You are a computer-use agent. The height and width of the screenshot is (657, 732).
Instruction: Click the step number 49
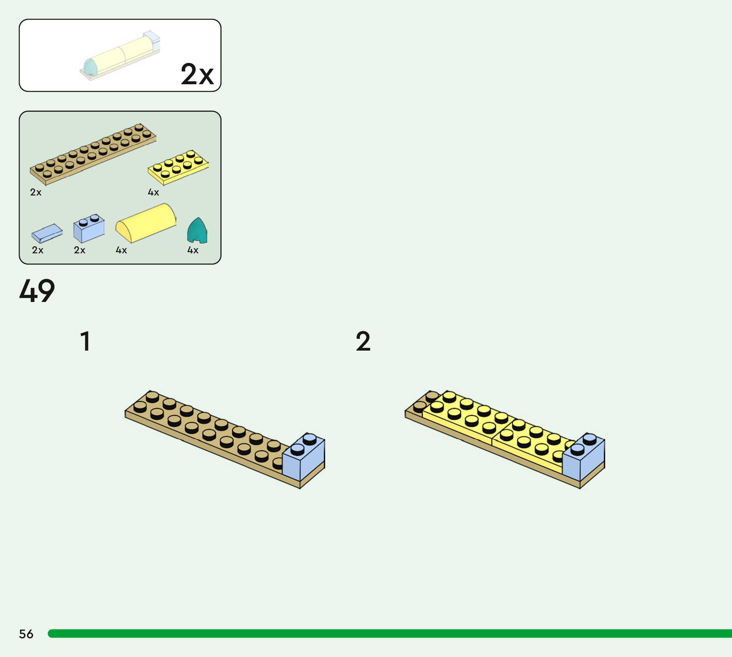[x=37, y=291]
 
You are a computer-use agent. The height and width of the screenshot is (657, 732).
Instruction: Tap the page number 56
[x=26, y=634]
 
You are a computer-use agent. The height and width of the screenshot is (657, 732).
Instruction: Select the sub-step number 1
[x=85, y=341]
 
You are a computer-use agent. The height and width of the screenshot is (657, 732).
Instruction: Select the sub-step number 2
[x=363, y=341]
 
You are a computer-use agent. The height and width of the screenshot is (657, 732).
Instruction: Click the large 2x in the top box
[x=197, y=74]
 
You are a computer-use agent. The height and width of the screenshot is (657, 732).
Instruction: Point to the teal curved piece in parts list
[x=197, y=231]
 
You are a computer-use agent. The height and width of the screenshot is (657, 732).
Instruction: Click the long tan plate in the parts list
[x=93, y=154]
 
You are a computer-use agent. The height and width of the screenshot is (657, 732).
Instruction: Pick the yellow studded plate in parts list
[x=178, y=167]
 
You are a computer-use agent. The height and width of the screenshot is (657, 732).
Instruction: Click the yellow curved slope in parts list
[x=146, y=223]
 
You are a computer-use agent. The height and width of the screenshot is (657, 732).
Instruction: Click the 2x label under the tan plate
[x=36, y=192]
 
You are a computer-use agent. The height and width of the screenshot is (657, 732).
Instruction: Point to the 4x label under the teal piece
[x=193, y=250]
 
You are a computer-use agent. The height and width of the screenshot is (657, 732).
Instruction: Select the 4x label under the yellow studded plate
[x=154, y=192]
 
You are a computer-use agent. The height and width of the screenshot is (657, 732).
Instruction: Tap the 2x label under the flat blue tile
[x=38, y=250]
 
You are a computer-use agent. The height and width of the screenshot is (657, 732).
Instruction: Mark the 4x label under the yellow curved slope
[x=121, y=250]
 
